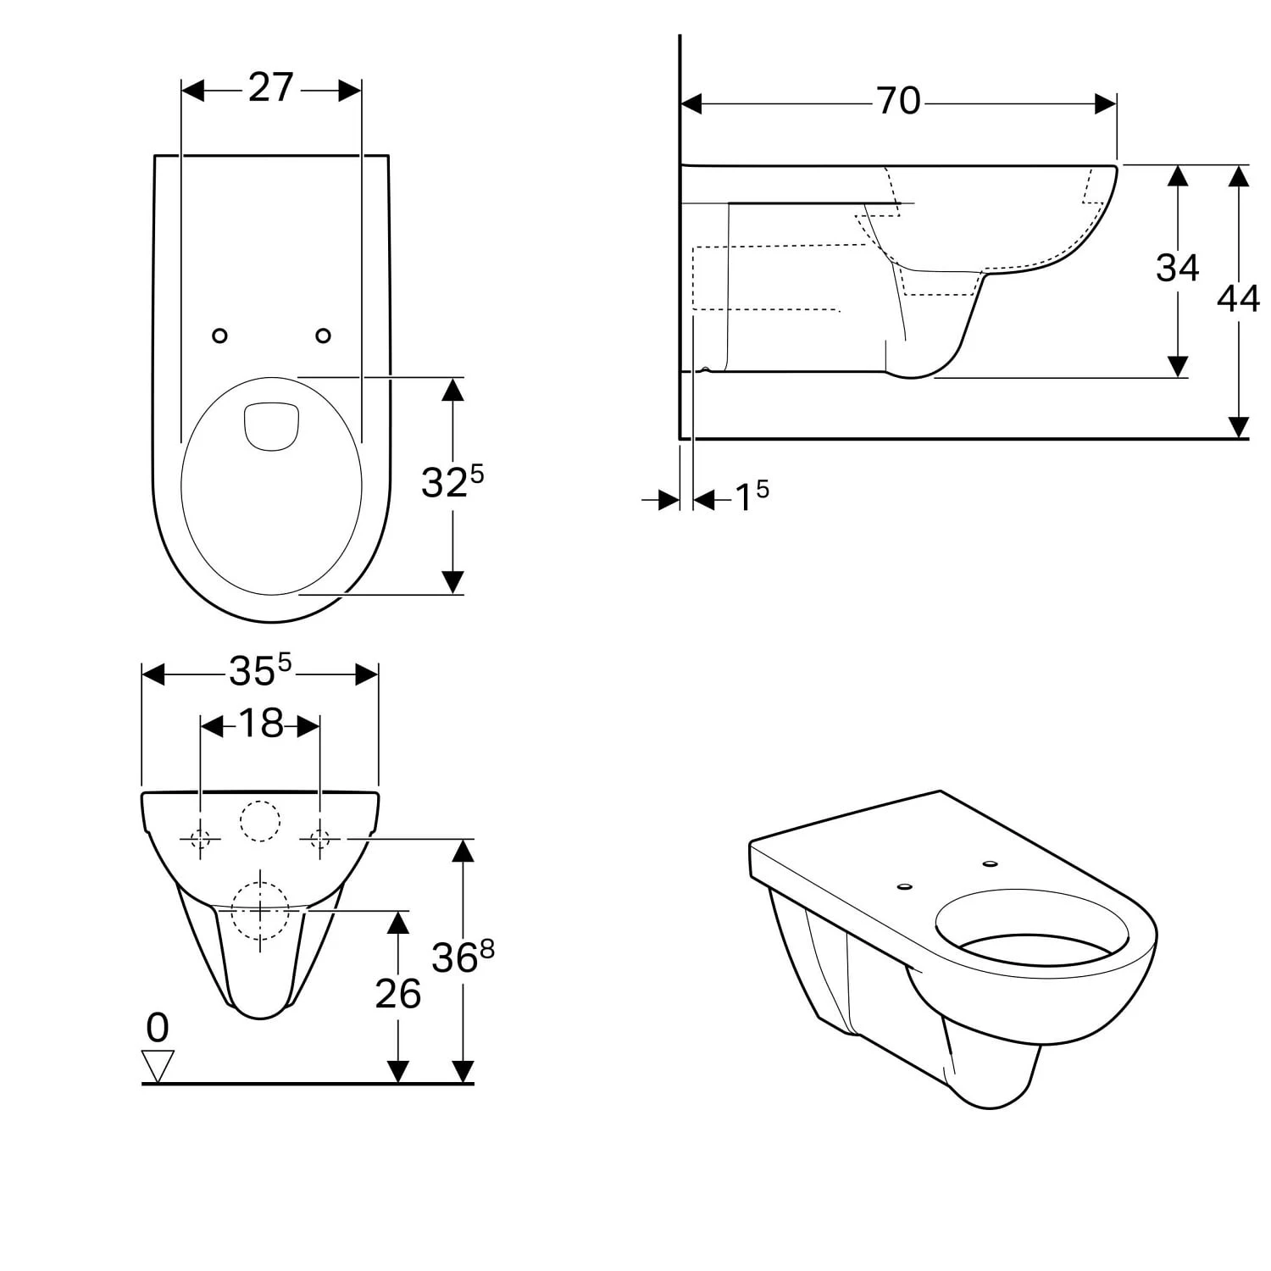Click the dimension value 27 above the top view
point(271,88)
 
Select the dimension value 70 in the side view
point(898,102)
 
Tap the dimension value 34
point(1177,268)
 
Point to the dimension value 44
point(1238,299)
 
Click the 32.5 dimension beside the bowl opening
point(452,483)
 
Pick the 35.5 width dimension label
point(259,672)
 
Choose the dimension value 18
point(260,724)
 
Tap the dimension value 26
point(398,994)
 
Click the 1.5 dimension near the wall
point(751,497)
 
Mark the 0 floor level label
point(158,1029)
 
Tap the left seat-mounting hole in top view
point(219,336)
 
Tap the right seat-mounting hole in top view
point(323,336)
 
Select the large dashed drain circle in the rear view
point(260,911)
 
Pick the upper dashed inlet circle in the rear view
point(260,821)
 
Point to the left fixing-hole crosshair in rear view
point(201,839)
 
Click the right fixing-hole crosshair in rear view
point(320,839)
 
